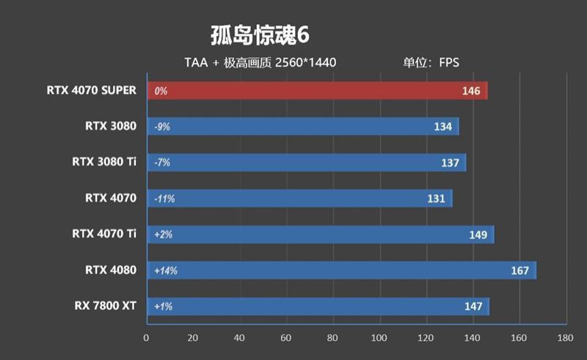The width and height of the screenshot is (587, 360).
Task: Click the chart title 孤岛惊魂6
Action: click(263, 35)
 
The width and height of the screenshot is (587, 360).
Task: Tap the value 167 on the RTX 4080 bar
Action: click(519, 271)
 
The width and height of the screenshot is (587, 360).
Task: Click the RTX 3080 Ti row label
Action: click(104, 162)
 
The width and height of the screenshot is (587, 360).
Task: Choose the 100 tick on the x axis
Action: click(379, 338)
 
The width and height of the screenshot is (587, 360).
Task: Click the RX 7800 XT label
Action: click(105, 306)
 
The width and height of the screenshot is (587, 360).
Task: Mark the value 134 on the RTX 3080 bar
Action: click(442, 127)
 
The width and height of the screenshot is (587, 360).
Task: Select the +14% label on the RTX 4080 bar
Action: click(165, 271)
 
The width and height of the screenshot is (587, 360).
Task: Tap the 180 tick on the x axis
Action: click(565, 338)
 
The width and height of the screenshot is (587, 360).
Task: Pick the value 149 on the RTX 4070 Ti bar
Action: click(478, 235)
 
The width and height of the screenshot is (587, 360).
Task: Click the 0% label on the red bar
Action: click(161, 92)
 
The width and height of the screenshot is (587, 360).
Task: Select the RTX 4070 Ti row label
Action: click(104, 234)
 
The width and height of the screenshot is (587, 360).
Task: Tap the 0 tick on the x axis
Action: click(147, 338)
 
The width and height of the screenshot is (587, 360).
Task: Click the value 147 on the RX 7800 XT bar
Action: click(473, 306)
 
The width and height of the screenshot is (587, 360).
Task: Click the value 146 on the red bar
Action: click(470, 92)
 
